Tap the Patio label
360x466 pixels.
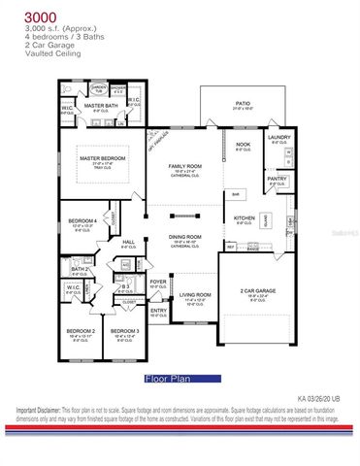pos(243,102)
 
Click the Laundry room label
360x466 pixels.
pos(278,137)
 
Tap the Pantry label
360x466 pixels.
pos(277,179)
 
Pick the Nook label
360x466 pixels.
pos(242,144)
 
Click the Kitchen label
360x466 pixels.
pos(244,217)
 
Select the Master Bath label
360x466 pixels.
pos(100,105)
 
